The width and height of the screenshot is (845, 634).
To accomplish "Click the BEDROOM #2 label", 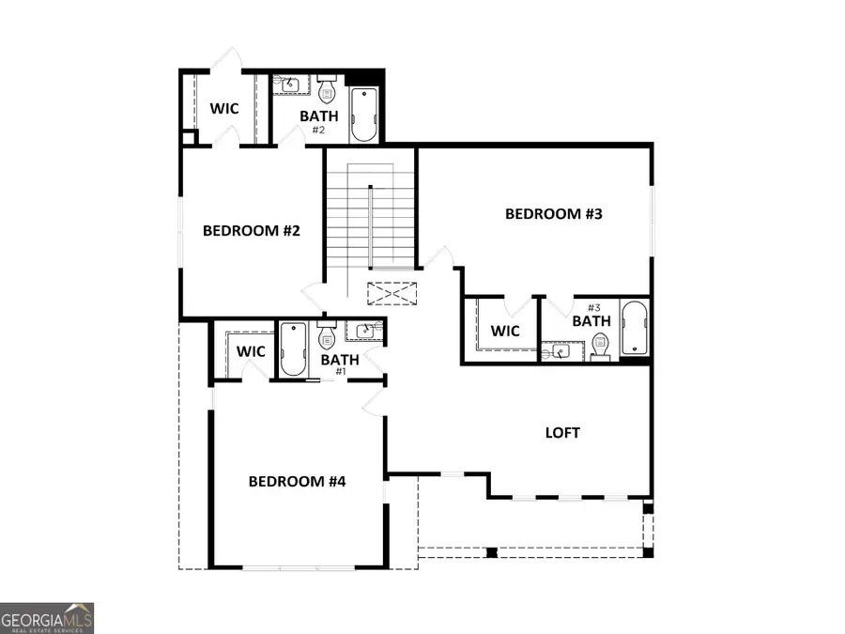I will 252,230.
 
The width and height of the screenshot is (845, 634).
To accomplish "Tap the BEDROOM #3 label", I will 553,213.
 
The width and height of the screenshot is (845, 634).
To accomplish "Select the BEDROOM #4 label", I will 298,482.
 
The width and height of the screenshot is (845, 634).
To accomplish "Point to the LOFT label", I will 562,433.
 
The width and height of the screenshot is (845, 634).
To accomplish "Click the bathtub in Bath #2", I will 362,115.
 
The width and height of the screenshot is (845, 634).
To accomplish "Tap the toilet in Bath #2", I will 327,91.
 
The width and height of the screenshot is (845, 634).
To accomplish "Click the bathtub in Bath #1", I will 293,348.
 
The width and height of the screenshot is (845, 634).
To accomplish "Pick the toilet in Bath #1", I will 327,335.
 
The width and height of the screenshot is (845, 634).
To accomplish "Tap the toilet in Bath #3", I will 600,347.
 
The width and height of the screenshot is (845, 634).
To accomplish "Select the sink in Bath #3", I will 561,351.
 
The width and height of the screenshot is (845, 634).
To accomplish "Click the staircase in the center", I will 371,220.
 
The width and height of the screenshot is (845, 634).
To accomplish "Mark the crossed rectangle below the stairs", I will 391,293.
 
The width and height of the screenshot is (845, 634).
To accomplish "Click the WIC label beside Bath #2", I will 223,109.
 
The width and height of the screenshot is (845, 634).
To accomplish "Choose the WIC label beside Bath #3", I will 505,331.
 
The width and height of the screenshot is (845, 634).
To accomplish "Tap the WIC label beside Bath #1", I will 251,351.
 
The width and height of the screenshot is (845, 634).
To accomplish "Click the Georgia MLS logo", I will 47,617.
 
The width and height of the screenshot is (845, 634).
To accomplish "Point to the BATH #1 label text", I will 340,361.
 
